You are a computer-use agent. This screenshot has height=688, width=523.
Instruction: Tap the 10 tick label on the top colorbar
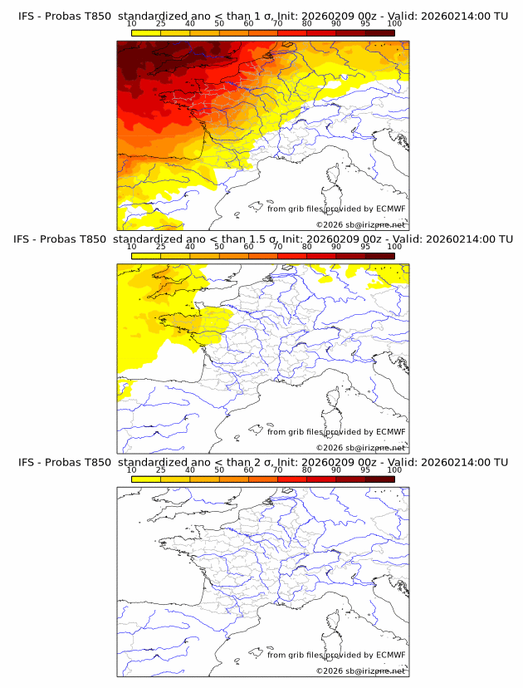click(x=132, y=24)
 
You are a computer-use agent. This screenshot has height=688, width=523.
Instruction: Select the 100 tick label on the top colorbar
click(x=394, y=24)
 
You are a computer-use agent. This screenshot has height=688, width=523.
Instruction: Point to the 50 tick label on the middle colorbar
click(x=219, y=247)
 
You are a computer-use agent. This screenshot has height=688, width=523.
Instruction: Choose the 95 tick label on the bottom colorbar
click(x=365, y=469)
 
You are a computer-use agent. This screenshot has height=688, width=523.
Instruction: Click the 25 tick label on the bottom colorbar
click(x=161, y=469)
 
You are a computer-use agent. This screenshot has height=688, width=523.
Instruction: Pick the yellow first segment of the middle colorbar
click(x=146, y=256)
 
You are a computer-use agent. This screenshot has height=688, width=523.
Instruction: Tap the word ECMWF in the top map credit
click(x=391, y=209)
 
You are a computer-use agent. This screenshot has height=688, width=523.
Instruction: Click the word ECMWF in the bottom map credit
click(x=391, y=656)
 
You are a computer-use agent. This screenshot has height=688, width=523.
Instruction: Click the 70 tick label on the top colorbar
click(x=277, y=24)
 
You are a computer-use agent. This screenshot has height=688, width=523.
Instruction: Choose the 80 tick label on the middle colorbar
click(x=307, y=247)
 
